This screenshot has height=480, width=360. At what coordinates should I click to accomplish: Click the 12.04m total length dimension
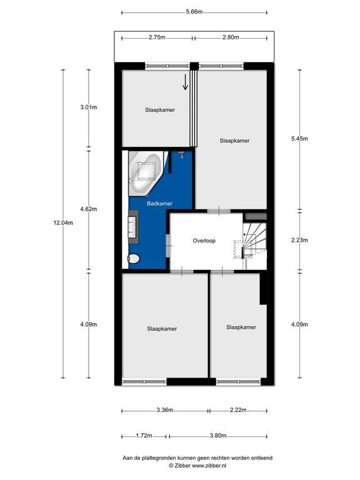[63, 223]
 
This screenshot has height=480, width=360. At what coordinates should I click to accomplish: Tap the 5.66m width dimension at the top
[194, 12]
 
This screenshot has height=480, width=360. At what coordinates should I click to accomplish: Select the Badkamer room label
[159, 204]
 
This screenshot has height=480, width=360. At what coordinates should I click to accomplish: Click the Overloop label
[204, 241]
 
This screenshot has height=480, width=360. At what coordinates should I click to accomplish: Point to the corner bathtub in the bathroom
[145, 173]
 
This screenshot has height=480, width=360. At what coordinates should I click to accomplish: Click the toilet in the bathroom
[133, 259]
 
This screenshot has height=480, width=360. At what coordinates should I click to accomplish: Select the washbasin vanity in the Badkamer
[133, 227]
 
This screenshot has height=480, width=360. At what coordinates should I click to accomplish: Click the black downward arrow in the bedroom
[185, 82]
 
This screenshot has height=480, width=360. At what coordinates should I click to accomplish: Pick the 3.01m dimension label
[89, 107]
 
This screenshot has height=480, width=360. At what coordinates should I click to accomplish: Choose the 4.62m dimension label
[89, 209]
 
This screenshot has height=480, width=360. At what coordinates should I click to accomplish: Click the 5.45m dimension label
[299, 139]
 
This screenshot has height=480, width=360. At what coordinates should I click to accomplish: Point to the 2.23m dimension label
[299, 240]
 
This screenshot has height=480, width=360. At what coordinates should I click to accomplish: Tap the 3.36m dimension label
[165, 410]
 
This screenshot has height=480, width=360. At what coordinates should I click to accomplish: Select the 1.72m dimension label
[144, 436]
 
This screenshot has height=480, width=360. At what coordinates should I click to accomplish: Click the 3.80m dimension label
[218, 436]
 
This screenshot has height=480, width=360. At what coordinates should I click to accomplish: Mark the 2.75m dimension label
[157, 37]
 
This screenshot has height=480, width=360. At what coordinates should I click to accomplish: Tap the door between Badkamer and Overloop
[168, 246]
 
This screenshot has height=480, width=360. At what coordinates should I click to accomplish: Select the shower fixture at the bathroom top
[181, 154]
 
